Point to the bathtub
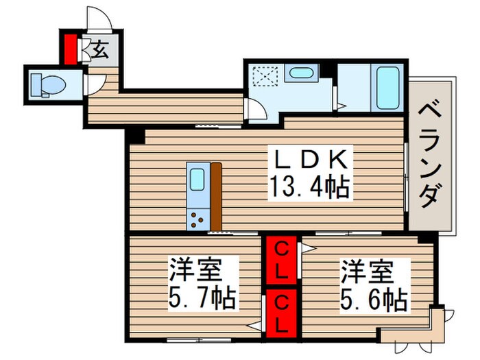pyautogui.click(x=388, y=87)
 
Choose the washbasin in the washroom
pyautogui.click(x=299, y=73)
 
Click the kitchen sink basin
pyautogui.click(x=197, y=181)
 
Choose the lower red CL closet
pyautogui.click(x=281, y=313)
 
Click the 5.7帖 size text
pyautogui.click(x=204, y=299)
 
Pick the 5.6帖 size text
pyautogui.click(x=374, y=300)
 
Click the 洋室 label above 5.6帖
pyautogui.click(x=369, y=272)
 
